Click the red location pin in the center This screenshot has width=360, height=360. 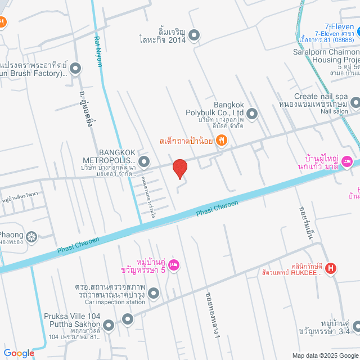click(x=179, y=169)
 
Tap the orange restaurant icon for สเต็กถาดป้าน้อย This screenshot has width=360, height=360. click(x=222, y=141)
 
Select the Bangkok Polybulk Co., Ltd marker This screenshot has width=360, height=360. click(x=252, y=114)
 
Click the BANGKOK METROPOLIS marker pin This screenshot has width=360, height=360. click(x=144, y=163)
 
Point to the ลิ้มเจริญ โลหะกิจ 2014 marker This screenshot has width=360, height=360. click(x=194, y=36)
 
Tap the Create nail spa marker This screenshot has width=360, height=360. click(x=355, y=102)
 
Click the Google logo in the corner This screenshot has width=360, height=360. click(x=18, y=353)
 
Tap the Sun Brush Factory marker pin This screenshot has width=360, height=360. click(x=75, y=69)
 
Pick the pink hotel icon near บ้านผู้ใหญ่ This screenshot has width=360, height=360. click(x=346, y=161)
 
